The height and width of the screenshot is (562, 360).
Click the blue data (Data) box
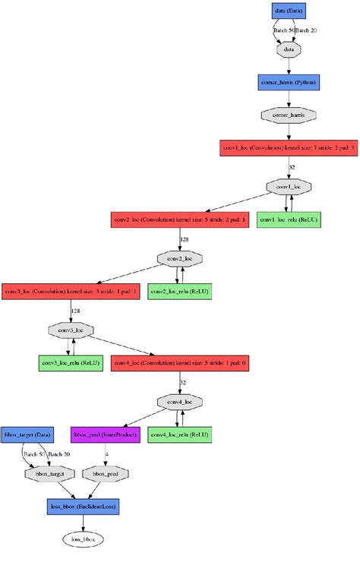[289, 11]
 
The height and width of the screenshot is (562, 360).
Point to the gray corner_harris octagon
[289, 115]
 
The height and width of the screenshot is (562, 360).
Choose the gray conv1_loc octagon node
[289, 186]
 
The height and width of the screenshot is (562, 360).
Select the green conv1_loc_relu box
[289, 220]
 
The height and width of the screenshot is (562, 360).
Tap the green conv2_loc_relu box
[179, 292]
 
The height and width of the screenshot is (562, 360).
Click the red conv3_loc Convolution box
[71, 292]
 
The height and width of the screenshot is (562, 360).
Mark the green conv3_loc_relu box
[71, 363]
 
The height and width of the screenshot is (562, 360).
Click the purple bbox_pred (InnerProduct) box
[106, 434]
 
